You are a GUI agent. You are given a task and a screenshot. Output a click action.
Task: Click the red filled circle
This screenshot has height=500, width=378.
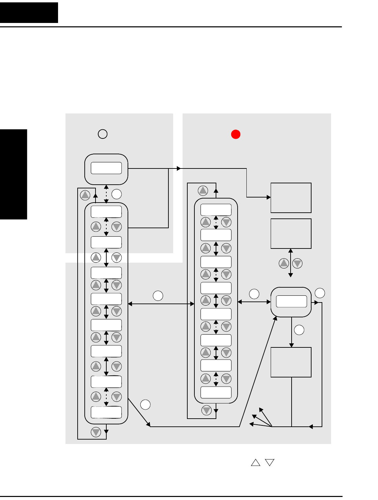click(x=236, y=134)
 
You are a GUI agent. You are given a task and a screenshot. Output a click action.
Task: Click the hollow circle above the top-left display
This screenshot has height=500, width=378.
click(x=103, y=134)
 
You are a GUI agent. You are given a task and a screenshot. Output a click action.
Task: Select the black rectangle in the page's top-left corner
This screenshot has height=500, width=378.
click(x=29, y=12)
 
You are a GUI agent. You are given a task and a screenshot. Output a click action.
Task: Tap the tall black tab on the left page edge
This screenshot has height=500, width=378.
click(x=13, y=174)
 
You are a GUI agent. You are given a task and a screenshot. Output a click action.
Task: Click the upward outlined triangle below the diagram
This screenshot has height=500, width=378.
click(x=256, y=463)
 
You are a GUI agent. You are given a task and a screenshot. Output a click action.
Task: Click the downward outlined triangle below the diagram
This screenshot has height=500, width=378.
click(x=270, y=463)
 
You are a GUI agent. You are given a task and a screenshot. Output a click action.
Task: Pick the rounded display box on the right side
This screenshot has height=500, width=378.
click(x=291, y=302)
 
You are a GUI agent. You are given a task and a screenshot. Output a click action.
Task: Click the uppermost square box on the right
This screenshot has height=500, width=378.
click(x=291, y=198)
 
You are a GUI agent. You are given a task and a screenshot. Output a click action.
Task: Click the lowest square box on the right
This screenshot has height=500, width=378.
click(x=291, y=362)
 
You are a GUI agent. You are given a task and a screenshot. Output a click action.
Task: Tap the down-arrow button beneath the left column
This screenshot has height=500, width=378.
click(x=96, y=432)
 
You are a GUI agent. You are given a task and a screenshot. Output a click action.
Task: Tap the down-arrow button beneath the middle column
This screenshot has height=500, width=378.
click(x=206, y=411)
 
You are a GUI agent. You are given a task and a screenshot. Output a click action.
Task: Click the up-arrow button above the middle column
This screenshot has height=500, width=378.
click(x=203, y=191)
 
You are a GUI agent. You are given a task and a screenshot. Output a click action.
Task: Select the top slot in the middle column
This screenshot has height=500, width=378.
click(x=216, y=210)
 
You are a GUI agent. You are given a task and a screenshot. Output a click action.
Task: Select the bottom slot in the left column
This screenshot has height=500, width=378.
click(x=106, y=412)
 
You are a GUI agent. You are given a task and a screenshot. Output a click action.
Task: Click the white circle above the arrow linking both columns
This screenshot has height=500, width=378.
click(x=158, y=295)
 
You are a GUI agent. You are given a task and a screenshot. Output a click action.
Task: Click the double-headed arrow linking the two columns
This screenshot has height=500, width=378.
click(x=161, y=304)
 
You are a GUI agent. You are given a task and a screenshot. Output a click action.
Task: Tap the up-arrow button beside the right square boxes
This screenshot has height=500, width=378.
click(x=284, y=263)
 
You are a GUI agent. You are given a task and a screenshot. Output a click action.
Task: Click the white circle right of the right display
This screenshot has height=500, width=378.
click(x=320, y=293)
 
